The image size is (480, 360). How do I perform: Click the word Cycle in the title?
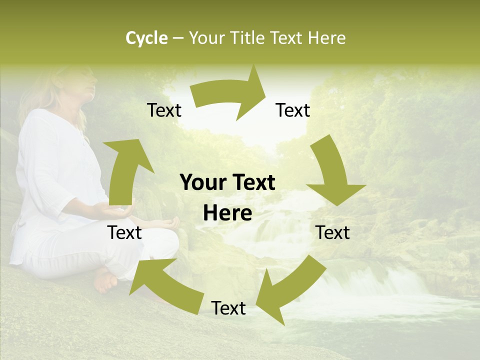coord(146,38)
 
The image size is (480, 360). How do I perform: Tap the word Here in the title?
coord(326,38)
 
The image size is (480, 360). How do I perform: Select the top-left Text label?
coord(164,110)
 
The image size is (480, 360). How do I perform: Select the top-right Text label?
coord(293,110)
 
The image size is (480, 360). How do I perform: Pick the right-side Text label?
coord(332,233)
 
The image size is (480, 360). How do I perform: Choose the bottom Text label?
coord(228,308)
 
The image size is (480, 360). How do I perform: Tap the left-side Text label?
coord(125,233)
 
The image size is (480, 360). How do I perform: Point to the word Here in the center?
coord(227,213)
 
